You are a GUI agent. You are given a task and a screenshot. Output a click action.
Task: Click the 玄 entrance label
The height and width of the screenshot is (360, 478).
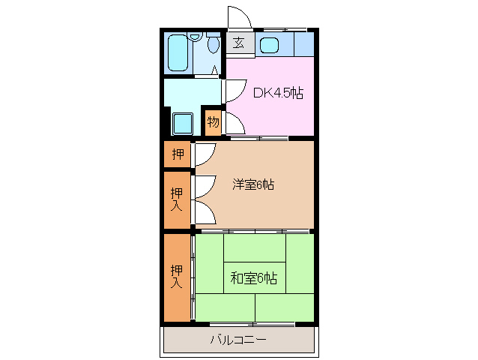[x=238, y=43]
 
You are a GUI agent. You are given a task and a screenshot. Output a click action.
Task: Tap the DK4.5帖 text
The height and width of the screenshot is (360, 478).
[x=278, y=94]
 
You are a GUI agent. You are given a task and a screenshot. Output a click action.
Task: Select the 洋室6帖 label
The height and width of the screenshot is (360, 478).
[x=252, y=184]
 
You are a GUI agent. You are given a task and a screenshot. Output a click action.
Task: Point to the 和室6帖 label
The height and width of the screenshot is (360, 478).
[x=253, y=278]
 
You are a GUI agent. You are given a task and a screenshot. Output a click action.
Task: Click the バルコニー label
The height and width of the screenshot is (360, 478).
[x=238, y=340]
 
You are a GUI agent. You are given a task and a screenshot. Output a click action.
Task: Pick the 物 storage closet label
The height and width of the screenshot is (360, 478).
[x=213, y=121]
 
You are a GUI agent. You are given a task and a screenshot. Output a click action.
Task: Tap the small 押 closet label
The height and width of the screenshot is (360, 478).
[x=178, y=155]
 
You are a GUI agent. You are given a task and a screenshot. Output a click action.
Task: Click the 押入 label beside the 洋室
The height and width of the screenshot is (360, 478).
[x=177, y=199]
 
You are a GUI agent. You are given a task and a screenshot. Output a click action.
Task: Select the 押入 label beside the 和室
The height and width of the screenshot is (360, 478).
[x=177, y=277]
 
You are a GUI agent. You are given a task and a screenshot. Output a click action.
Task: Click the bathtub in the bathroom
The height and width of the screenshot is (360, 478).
[x=178, y=52]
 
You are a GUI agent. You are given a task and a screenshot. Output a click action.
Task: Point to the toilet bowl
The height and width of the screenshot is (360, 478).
[x=214, y=46]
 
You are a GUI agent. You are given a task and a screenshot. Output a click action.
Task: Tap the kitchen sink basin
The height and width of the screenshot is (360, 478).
[x=269, y=45]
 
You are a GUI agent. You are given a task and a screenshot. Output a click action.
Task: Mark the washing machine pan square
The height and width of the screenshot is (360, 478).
[x=184, y=123]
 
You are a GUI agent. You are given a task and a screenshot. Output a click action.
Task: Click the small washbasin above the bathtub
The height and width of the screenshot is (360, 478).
[x=196, y=36]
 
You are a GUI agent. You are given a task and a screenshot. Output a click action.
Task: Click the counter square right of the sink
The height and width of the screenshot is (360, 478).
[x=303, y=44]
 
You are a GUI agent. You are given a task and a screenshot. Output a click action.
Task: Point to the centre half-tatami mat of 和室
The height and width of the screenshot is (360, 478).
[x=255, y=277]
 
